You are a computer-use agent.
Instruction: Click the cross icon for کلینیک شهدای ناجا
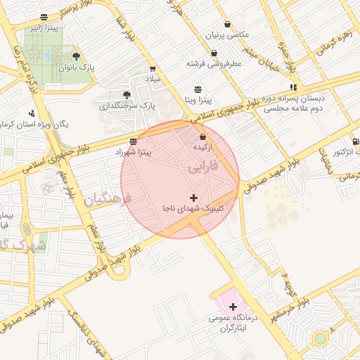[x=194, y=198]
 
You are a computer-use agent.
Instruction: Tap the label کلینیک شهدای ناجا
[x=193, y=209]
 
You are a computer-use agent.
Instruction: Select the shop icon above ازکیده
[x=203, y=136]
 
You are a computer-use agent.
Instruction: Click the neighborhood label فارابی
[x=205, y=169]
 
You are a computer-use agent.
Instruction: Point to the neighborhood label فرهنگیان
[x=107, y=199]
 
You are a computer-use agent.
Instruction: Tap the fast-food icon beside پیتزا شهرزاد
[x=133, y=141]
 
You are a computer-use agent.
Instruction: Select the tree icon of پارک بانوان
[x=76, y=57]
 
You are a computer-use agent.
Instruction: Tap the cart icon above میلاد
[x=153, y=68]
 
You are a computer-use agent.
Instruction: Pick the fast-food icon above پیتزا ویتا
[x=199, y=89]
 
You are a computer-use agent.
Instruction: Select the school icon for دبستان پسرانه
[x=293, y=87]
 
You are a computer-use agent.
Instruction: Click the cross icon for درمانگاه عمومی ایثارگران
[x=233, y=307]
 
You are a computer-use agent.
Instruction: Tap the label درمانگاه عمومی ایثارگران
[x=229, y=323]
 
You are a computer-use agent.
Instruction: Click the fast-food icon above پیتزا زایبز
[x=45, y=17]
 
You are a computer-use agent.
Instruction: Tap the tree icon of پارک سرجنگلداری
[x=127, y=94]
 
